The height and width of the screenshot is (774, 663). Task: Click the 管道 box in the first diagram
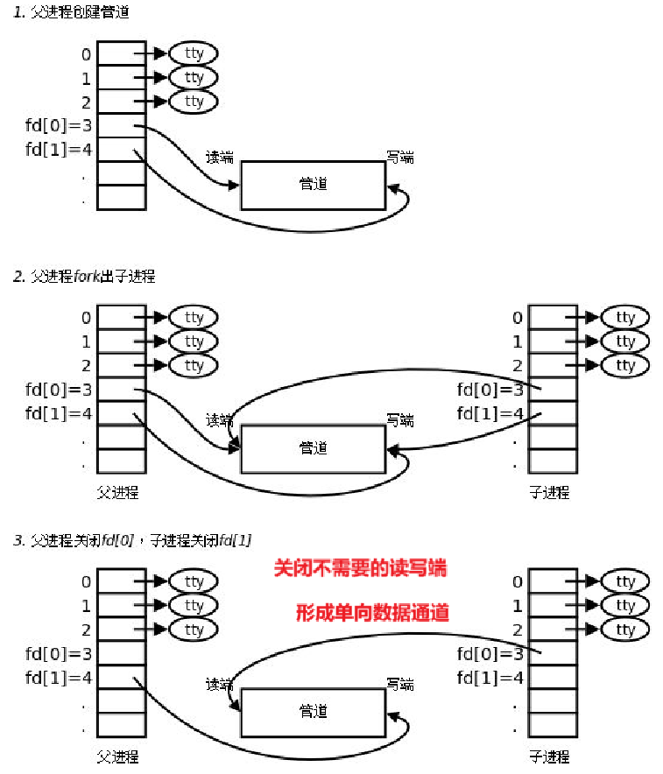click(313, 185)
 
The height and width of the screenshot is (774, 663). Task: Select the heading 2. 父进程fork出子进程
click(84, 277)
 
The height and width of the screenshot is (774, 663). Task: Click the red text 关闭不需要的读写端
click(361, 569)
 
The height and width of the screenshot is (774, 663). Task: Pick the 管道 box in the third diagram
click(313, 711)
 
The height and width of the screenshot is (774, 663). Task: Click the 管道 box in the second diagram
click(313, 447)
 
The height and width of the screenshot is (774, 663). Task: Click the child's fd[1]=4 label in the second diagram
click(490, 413)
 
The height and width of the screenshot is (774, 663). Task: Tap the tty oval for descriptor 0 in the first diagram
click(194, 53)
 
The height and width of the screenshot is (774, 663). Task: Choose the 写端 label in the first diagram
click(400, 158)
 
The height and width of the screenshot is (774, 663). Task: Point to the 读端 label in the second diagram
click(220, 420)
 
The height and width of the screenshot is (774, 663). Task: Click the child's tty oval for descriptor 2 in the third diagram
click(625, 630)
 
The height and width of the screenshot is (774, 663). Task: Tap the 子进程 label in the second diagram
click(549, 493)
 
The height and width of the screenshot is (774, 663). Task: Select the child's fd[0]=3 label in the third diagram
click(490, 653)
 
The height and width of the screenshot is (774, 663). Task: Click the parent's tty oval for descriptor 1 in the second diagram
click(194, 341)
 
